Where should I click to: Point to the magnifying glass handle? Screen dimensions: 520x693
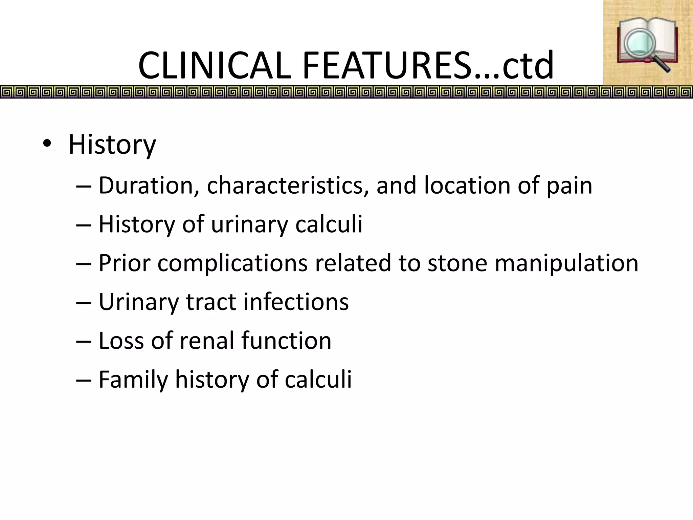(662, 64)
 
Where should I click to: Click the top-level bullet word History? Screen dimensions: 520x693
(112, 145)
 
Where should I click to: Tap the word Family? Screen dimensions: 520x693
(133, 380)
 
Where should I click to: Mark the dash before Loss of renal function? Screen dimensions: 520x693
(83, 341)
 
